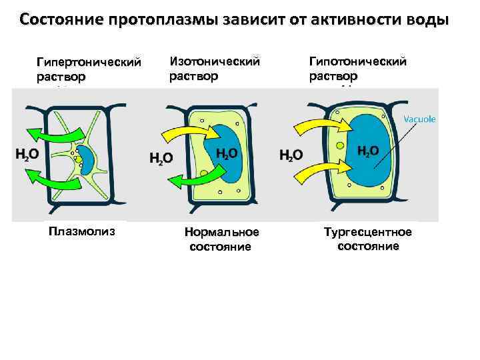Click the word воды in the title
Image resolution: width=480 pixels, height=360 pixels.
coord(425,19)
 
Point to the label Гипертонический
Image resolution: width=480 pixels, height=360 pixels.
coord(89,63)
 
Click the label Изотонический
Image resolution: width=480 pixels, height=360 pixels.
coord(214,61)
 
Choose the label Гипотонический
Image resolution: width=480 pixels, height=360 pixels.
coord(357,61)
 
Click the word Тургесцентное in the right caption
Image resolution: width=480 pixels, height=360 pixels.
coord(367,232)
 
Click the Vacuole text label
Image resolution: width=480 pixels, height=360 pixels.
coord(419,119)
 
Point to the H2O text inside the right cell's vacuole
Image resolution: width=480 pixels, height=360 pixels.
coord(369,151)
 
